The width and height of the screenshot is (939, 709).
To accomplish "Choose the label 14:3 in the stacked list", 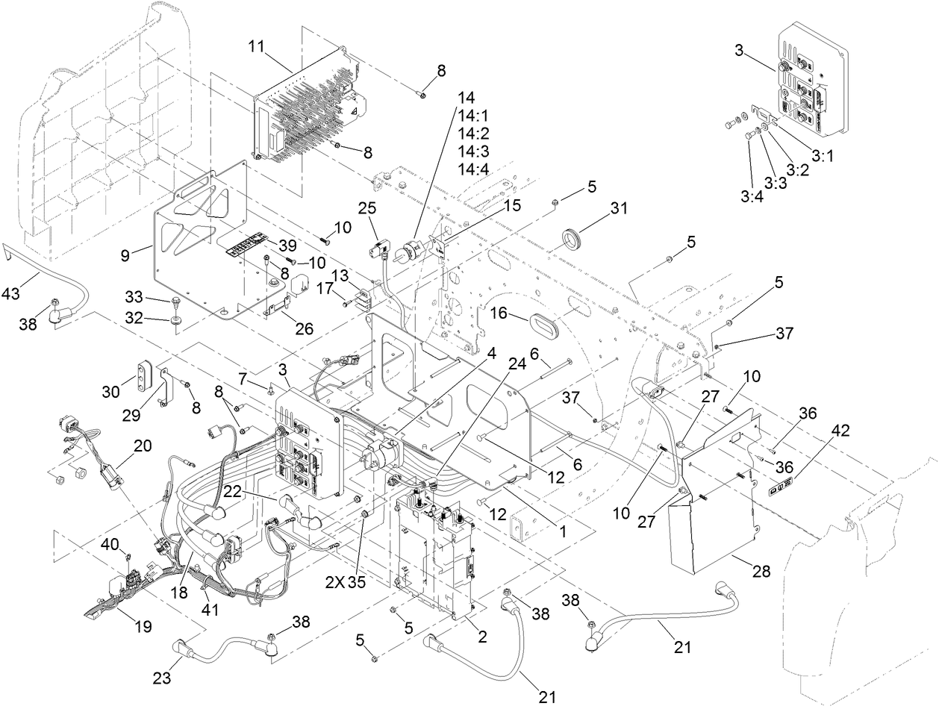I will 474,152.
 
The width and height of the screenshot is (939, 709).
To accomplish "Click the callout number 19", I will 142,626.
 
